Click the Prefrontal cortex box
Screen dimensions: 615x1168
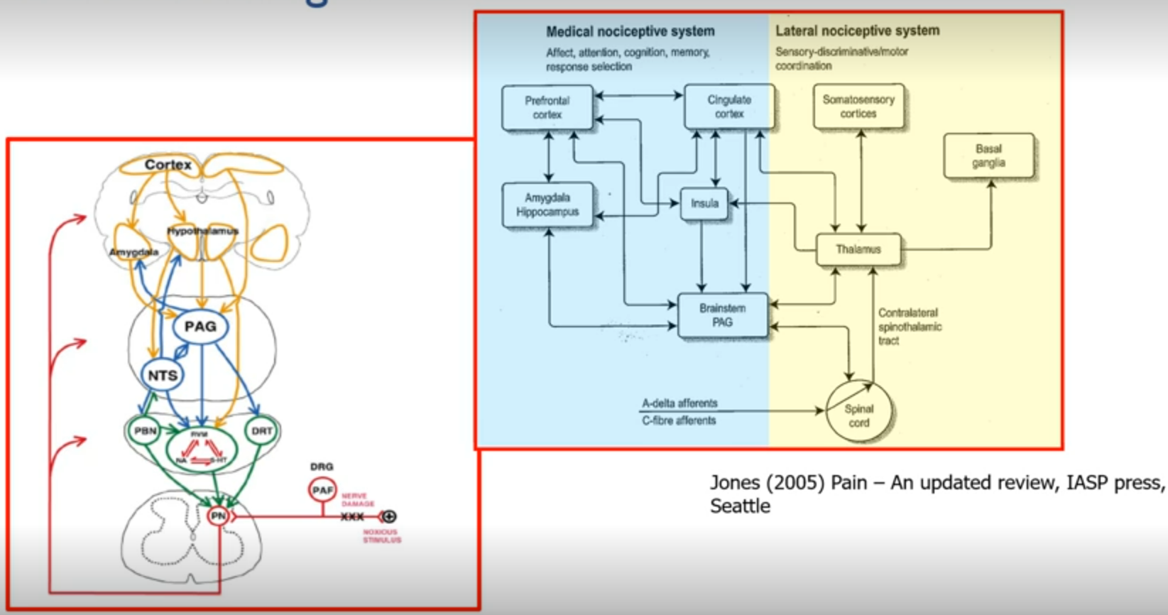click(x=547, y=108)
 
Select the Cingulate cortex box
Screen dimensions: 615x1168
click(x=729, y=107)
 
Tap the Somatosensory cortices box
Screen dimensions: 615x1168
click(x=858, y=107)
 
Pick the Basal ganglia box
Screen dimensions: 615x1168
click(x=988, y=156)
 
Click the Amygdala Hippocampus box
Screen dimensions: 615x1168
click(x=547, y=205)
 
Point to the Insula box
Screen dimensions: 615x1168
click(x=704, y=204)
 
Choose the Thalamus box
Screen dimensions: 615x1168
click(x=858, y=250)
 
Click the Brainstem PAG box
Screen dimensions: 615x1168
click(x=722, y=315)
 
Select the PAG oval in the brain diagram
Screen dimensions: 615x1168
click(x=200, y=327)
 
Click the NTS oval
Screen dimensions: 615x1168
click(x=163, y=376)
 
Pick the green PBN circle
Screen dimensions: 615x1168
click(x=145, y=431)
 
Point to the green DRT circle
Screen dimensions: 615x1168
click(x=261, y=431)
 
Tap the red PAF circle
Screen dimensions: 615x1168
click(x=322, y=490)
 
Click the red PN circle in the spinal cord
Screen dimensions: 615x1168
click(x=218, y=516)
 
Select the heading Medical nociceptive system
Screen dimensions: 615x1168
click(x=630, y=32)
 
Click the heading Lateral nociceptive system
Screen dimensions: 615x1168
click(x=857, y=31)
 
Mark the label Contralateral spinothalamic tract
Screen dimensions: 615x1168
click(x=910, y=327)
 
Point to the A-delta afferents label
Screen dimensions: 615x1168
click(x=679, y=403)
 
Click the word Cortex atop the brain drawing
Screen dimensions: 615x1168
click(x=168, y=165)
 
